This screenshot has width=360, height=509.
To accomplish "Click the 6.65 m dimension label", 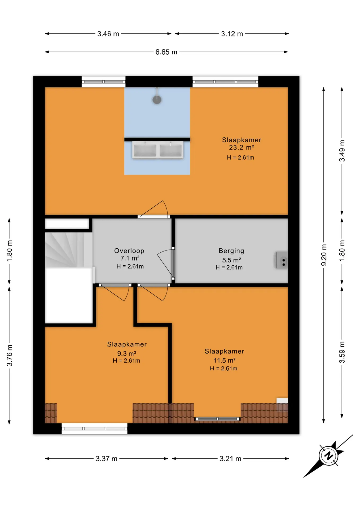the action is click(166, 52).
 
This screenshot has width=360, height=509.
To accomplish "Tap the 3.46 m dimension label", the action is click(108, 34).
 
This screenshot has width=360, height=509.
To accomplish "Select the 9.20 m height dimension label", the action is click(324, 255).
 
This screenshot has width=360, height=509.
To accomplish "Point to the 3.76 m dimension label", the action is click(10, 356).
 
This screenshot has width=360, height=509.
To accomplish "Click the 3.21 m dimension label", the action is click(230, 459).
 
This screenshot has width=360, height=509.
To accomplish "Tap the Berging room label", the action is click(231, 251).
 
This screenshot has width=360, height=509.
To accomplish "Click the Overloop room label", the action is click(129, 251).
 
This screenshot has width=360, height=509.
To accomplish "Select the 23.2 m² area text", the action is click(242, 147).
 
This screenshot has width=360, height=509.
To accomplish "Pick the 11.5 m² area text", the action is click(225, 360).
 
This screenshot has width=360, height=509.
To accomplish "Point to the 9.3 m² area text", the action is click(127, 353).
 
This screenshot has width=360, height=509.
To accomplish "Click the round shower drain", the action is click(157, 100).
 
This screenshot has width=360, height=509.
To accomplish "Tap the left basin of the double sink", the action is click(145, 150).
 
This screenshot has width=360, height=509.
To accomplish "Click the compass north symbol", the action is click(329, 456).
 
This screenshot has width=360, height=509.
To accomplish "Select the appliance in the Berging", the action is click(282, 260).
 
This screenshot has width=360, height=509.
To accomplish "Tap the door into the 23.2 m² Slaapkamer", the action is click(154, 209).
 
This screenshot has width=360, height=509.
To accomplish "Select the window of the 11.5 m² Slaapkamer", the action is click(217, 419).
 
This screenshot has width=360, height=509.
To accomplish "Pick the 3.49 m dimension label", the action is click(342, 151).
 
